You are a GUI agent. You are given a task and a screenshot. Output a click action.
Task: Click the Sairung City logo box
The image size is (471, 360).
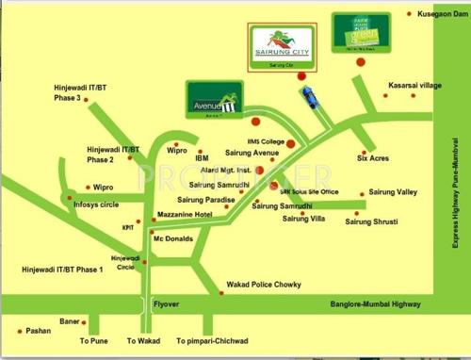click(x=283, y=45)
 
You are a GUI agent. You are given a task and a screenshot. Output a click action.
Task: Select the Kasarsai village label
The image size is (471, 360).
click(x=414, y=86)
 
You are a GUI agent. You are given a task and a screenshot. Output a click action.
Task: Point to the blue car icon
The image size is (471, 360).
click(x=308, y=95)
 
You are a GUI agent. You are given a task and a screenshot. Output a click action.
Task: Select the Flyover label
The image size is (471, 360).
click(x=166, y=304)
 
